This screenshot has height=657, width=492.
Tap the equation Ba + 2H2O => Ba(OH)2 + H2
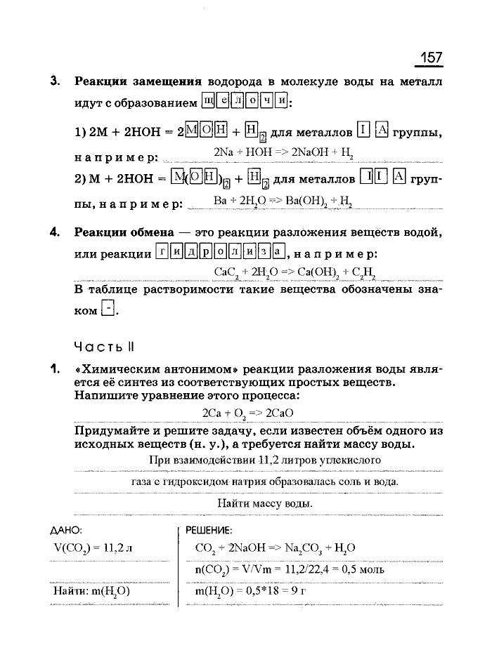[282, 201]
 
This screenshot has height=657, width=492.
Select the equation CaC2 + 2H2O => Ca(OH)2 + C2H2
[294, 271]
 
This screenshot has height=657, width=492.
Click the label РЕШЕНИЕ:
[209, 530]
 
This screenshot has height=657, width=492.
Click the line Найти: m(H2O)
[91, 591]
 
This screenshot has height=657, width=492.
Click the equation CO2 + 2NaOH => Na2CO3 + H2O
[275, 547]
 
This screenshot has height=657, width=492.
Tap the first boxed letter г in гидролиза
[162, 251]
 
